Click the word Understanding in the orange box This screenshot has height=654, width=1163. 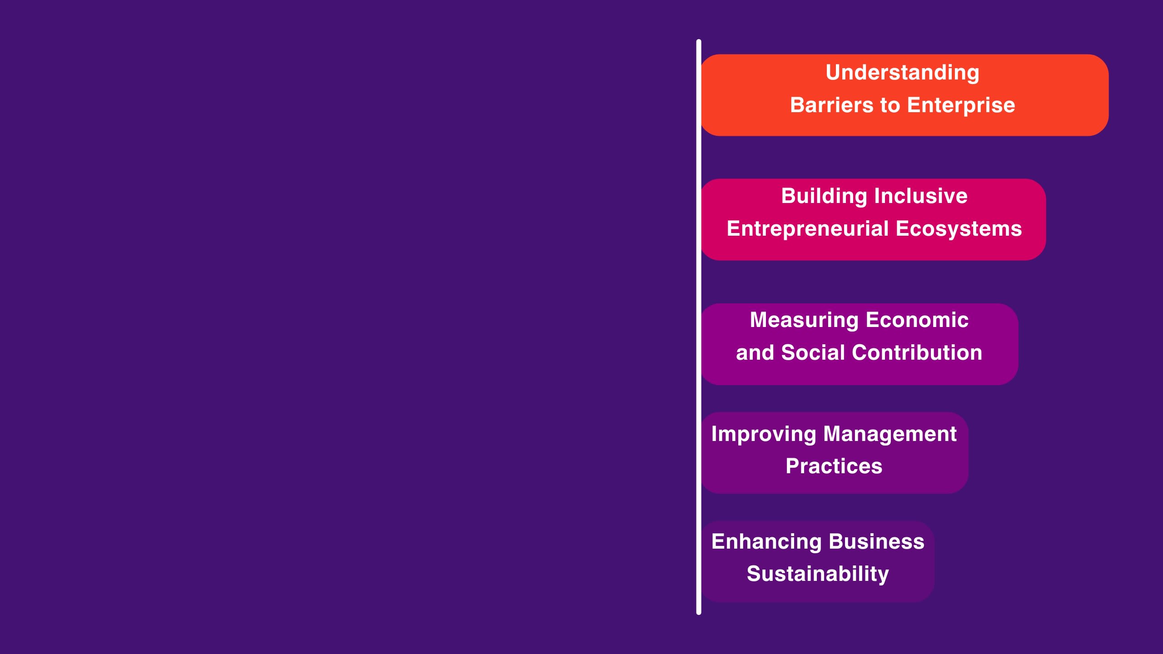click(902, 73)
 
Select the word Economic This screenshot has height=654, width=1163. click(917, 320)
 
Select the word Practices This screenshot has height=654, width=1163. click(834, 466)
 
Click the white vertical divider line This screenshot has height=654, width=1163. click(699, 327)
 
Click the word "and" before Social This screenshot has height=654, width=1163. click(755, 353)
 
